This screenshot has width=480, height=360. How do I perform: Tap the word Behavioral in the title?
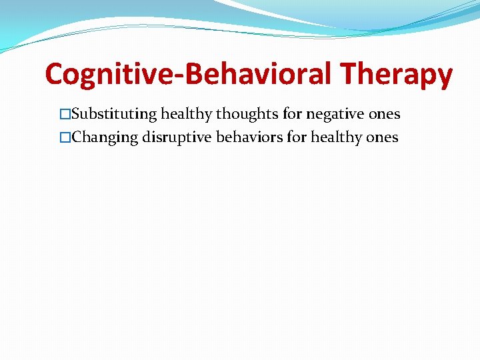(256, 75)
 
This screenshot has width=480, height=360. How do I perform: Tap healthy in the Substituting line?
(186, 115)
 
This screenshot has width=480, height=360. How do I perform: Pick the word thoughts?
(247, 115)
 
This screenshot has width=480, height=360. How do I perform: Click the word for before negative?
(293, 115)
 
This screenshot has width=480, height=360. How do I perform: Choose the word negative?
(335, 115)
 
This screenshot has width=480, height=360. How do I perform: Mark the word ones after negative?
(385, 115)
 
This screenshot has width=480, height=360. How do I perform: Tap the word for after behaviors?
(295, 138)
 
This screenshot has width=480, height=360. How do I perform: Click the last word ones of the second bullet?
(383, 138)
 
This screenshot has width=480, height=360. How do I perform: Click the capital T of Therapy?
(349, 75)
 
